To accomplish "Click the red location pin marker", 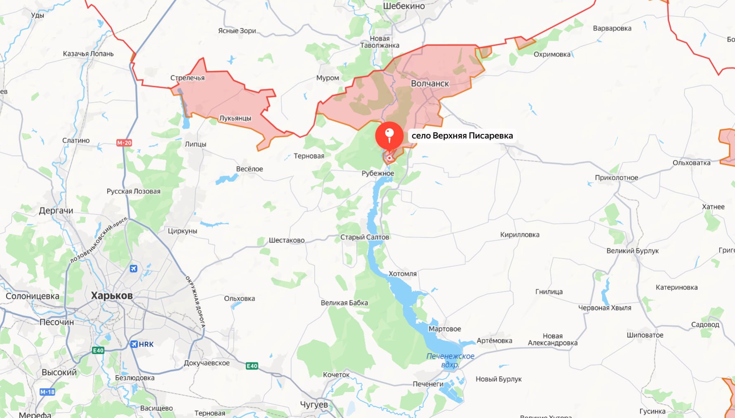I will click(389, 136).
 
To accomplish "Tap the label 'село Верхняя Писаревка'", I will click(462, 136).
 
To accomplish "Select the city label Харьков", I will click(112, 296).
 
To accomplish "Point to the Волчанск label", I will click(430, 84).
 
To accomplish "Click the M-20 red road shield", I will click(124, 143).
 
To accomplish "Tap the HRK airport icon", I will click(134, 344).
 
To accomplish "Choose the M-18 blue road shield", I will click(47, 392).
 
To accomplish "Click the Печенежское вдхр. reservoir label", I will click(450, 360).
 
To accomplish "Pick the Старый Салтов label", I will click(365, 237).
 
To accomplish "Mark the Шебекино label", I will click(404, 6).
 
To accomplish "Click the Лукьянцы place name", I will click(235, 118).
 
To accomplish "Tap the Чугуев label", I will click(314, 405).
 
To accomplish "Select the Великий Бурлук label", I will click(632, 251).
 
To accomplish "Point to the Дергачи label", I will click(56, 211).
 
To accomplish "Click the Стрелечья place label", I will click(187, 78).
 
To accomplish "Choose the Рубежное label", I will click(378, 174).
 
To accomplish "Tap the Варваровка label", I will click(612, 28).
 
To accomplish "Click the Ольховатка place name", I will click(691, 163).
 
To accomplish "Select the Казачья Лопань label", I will click(88, 54).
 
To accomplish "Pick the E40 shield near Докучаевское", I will click(252, 366).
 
